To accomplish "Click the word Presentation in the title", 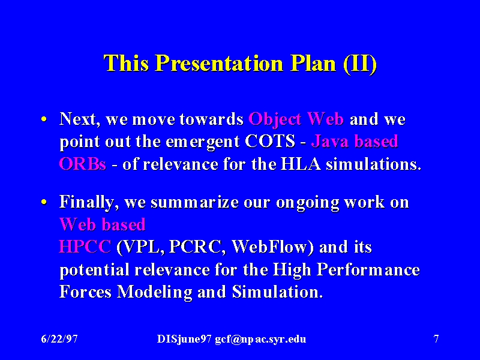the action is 219,64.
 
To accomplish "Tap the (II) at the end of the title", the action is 360,64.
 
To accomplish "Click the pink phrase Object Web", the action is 296,119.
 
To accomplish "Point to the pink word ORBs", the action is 83,164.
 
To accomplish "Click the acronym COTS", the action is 269,141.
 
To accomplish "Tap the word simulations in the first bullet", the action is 373,164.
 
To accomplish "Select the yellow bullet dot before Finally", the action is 44,202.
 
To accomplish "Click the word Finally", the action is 89,203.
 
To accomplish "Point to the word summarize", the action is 194,202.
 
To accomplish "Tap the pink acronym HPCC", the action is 85,247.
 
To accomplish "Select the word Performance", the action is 368,269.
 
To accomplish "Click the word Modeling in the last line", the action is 155,292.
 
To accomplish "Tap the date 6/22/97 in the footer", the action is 59,339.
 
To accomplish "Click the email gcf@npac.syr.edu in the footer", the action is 260,339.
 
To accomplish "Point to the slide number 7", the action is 436,339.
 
